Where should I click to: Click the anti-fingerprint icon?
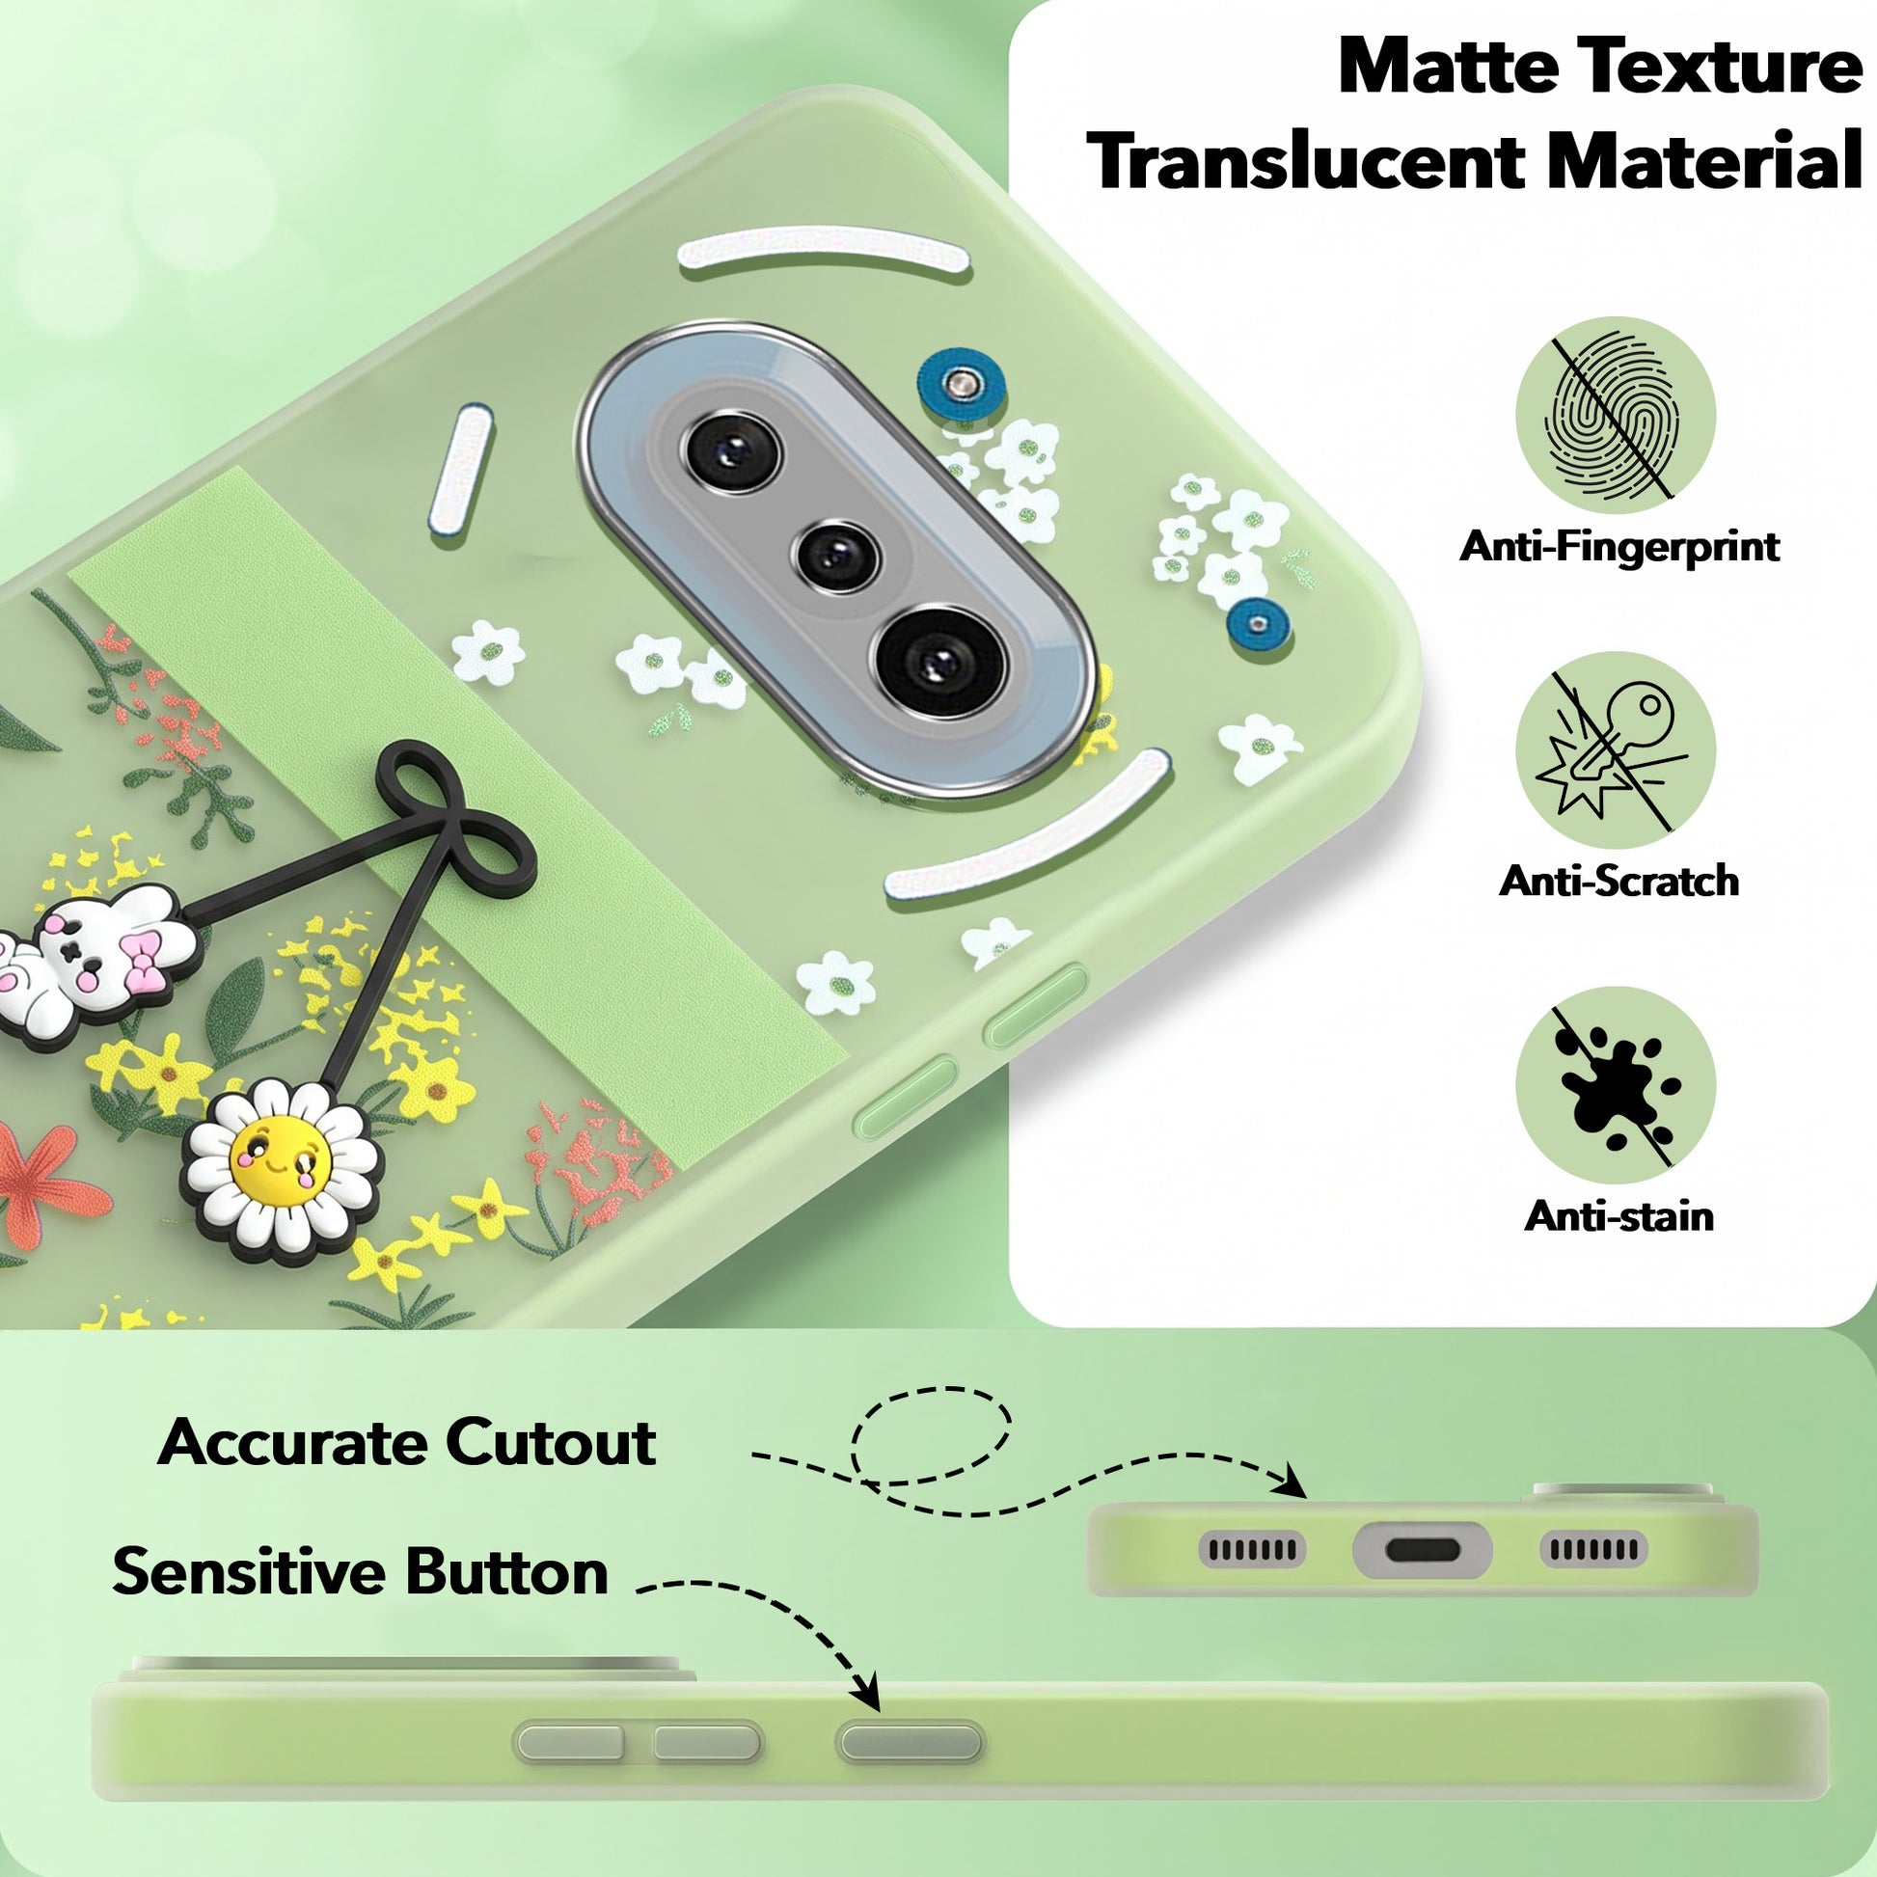(x=1615, y=416)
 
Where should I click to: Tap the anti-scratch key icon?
(x=1615, y=749)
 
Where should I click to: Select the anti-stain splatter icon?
(x=1615, y=1086)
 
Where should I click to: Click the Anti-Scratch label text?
(x=1619, y=881)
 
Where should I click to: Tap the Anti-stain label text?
(x=1619, y=1216)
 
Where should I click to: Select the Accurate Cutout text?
(x=406, y=1443)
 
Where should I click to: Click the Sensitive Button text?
(x=361, y=1571)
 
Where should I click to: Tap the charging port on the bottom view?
(x=1423, y=1550)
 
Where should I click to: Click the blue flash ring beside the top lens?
(x=958, y=382)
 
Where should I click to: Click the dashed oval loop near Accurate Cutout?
(x=931, y=1435)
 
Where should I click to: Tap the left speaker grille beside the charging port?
(x=1252, y=1550)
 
